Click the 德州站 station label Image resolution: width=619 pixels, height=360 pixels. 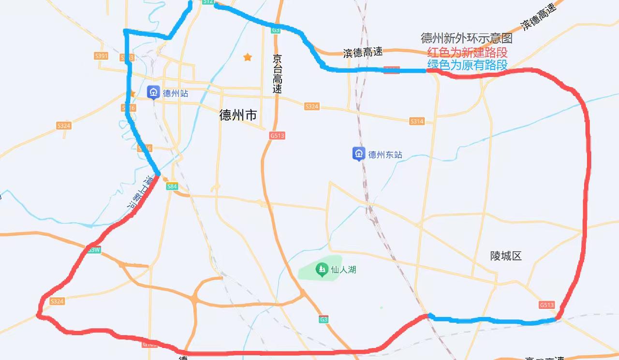pyautogui.click(x=176, y=93)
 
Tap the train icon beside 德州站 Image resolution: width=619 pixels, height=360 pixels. pyautogui.click(x=154, y=92)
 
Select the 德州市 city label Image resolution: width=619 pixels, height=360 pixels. pyautogui.click(x=238, y=115)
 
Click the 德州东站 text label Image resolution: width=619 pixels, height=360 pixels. pyautogui.click(x=385, y=155)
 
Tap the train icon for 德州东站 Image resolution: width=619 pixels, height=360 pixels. pyautogui.click(x=358, y=154)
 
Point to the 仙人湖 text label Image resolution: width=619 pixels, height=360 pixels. pyautogui.click(x=343, y=270)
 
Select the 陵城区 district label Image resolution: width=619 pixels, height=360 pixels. pyautogui.click(x=506, y=256)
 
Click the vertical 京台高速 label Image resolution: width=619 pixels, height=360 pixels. pyautogui.click(x=277, y=74)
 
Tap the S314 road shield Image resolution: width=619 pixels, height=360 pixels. pyautogui.click(x=417, y=121)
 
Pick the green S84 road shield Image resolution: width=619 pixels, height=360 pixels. pyautogui.click(x=172, y=186)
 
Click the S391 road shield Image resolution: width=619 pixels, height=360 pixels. pyautogui.click(x=102, y=56)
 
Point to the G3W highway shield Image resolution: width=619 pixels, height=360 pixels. pyautogui.click(x=94, y=250)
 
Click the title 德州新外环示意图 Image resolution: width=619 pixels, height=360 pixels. pyautogui.click(x=467, y=39)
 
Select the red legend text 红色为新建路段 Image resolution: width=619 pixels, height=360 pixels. pyautogui.click(x=467, y=52)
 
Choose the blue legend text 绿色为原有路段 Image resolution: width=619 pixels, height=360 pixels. pyautogui.click(x=467, y=65)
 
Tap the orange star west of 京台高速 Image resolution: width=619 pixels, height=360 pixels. pyautogui.click(x=248, y=57)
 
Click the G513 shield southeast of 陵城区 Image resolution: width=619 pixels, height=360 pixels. pyautogui.click(x=546, y=305)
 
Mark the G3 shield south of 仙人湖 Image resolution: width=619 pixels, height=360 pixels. pyautogui.click(x=324, y=319)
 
